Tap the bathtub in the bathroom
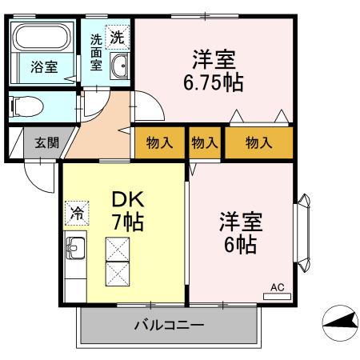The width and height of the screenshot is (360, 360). click(x=44, y=40)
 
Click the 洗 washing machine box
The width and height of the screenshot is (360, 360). click(x=118, y=36)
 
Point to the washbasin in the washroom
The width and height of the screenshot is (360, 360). click(x=119, y=67)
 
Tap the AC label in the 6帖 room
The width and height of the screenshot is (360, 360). click(x=278, y=287)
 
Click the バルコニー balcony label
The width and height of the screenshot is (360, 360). click(x=168, y=326)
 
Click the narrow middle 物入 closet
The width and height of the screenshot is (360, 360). click(x=205, y=142)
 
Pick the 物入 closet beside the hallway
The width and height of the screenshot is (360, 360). click(x=160, y=142)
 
